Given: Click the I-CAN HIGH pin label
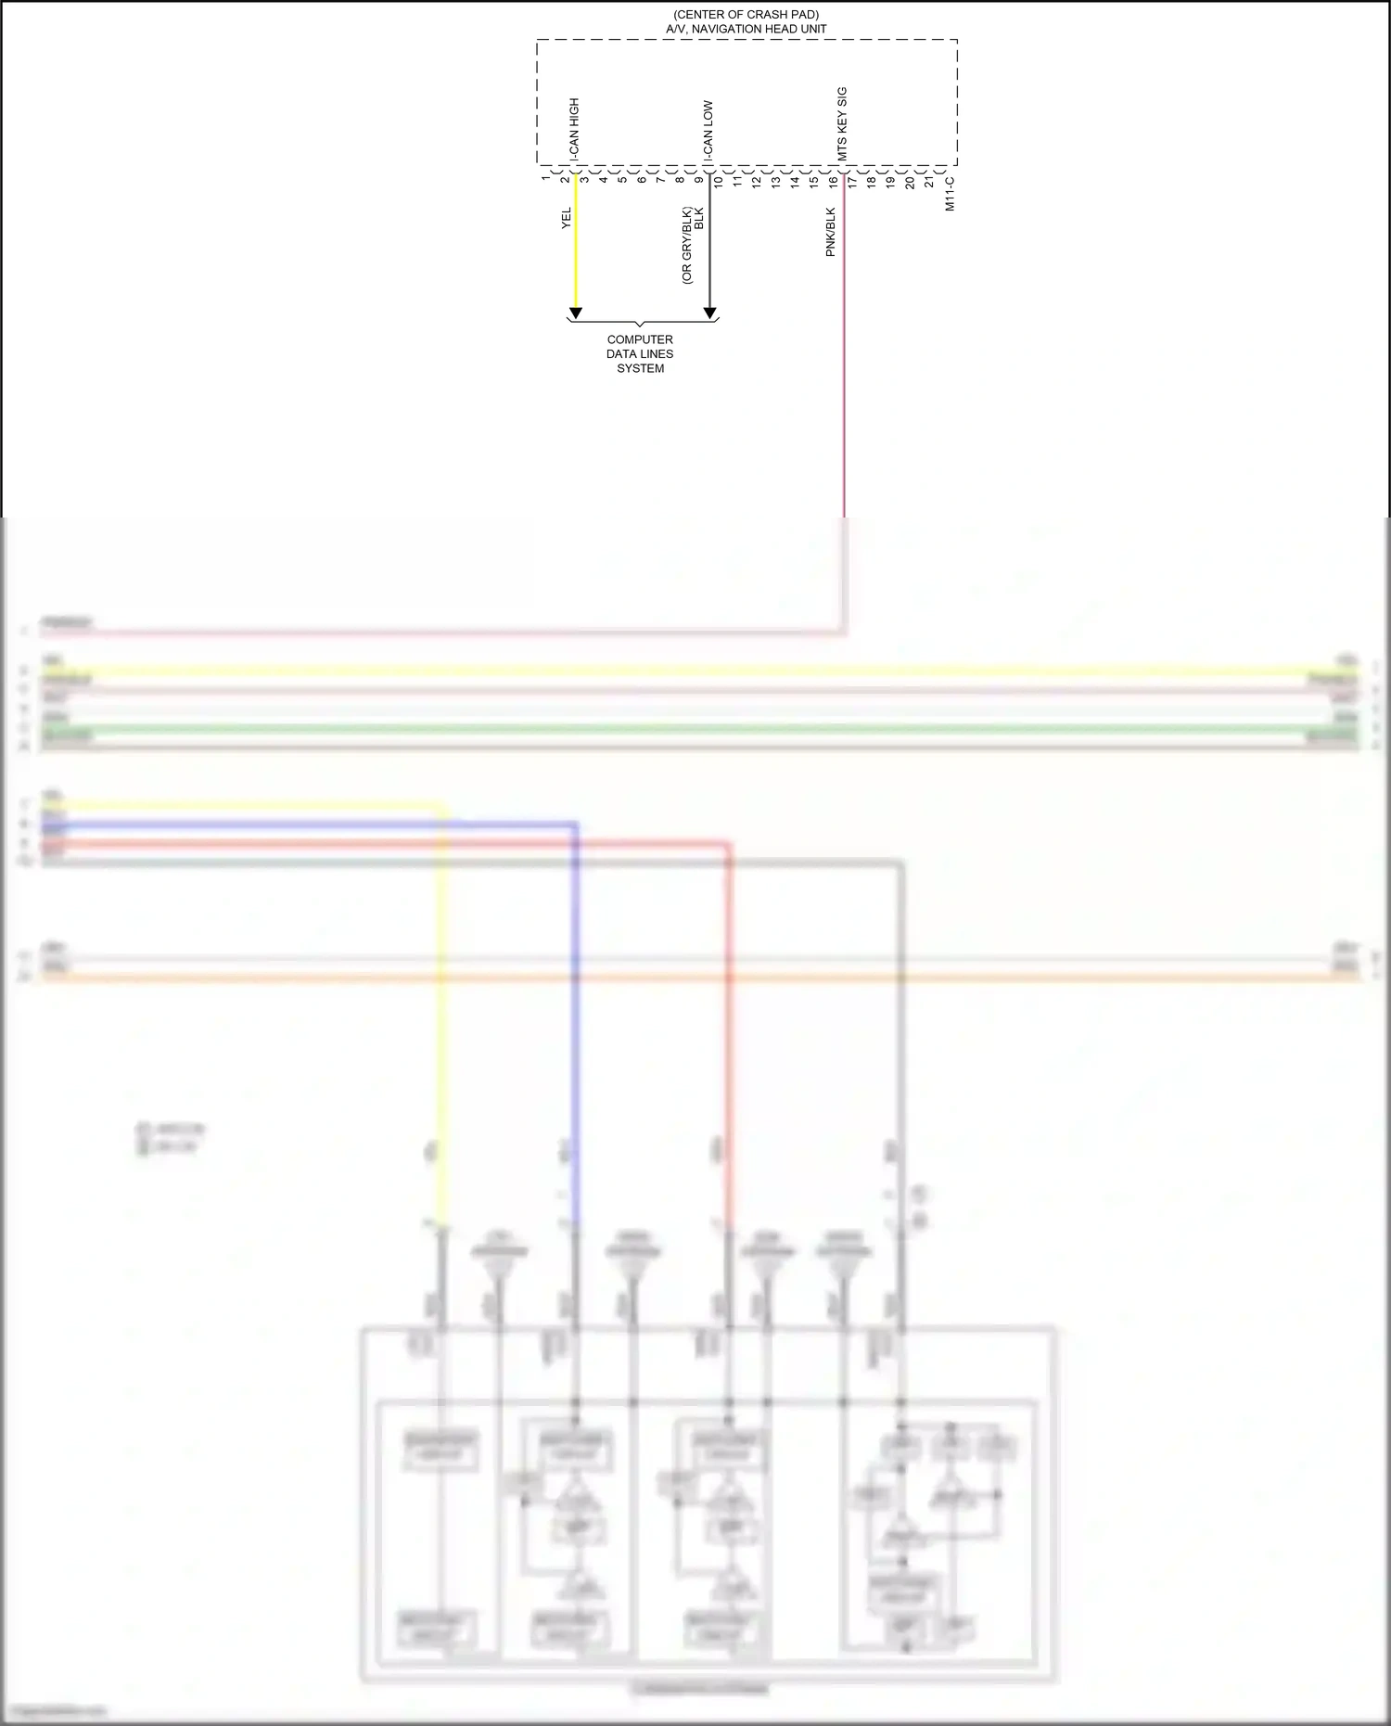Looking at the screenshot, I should [x=574, y=130].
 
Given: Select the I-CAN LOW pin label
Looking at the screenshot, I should [x=708, y=131].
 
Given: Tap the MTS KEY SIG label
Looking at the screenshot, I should [x=842, y=123].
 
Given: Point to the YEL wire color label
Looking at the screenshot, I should [x=567, y=218].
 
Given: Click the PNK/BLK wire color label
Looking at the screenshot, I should [x=831, y=232].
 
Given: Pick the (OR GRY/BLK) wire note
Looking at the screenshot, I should [x=686, y=245].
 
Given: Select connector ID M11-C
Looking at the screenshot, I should [x=950, y=194].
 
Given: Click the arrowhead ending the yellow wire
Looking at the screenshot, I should [x=575, y=313].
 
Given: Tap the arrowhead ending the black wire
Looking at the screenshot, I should [x=709, y=313].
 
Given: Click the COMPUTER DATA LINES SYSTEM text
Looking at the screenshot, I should [x=640, y=353].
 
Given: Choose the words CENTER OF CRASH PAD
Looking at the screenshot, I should [x=746, y=15].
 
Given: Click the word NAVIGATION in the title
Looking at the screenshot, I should [x=732, y=29].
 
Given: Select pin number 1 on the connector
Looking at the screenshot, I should [x=546, y=178].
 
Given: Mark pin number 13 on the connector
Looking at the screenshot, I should [x=776, y=181].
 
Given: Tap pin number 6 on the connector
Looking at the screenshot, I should [x=642, y=178].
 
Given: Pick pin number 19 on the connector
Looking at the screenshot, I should [x=891, y=181].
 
